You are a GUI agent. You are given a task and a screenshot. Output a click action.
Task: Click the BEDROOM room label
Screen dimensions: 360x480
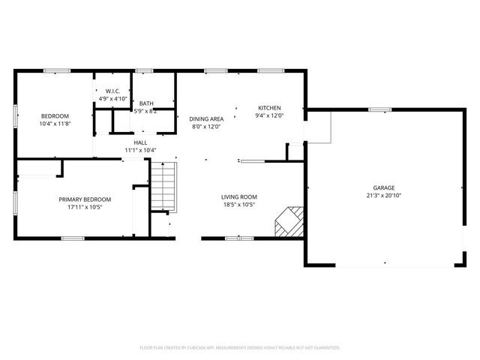55,115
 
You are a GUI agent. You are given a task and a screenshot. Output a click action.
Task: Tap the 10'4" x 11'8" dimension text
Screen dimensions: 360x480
55,124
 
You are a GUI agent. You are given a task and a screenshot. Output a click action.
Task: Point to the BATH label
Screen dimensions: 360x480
145,103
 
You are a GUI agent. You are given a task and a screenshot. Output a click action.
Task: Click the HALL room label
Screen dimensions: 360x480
140,142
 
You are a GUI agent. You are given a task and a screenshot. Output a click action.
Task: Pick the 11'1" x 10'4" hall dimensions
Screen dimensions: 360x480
140,151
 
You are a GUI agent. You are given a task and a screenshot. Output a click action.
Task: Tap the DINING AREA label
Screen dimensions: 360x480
206,118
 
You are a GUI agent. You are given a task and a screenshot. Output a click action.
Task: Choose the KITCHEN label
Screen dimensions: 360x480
270,107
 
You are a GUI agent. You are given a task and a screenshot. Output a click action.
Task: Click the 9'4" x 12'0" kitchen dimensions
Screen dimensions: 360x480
270,115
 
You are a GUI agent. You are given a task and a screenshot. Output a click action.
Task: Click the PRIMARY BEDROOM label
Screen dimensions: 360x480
85,199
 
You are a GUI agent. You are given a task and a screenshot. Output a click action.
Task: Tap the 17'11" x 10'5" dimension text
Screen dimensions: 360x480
85,207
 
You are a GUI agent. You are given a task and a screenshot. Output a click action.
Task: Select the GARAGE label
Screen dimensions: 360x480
384,187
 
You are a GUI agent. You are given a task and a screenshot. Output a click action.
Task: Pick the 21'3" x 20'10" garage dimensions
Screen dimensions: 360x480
384,196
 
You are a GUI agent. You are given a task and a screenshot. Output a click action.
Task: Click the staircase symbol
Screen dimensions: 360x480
163,187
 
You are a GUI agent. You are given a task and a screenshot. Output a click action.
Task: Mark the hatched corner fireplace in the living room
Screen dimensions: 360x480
289,222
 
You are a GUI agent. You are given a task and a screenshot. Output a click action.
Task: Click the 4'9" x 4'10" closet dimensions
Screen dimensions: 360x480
111,99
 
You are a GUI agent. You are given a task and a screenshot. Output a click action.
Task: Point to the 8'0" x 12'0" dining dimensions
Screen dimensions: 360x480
206,127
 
